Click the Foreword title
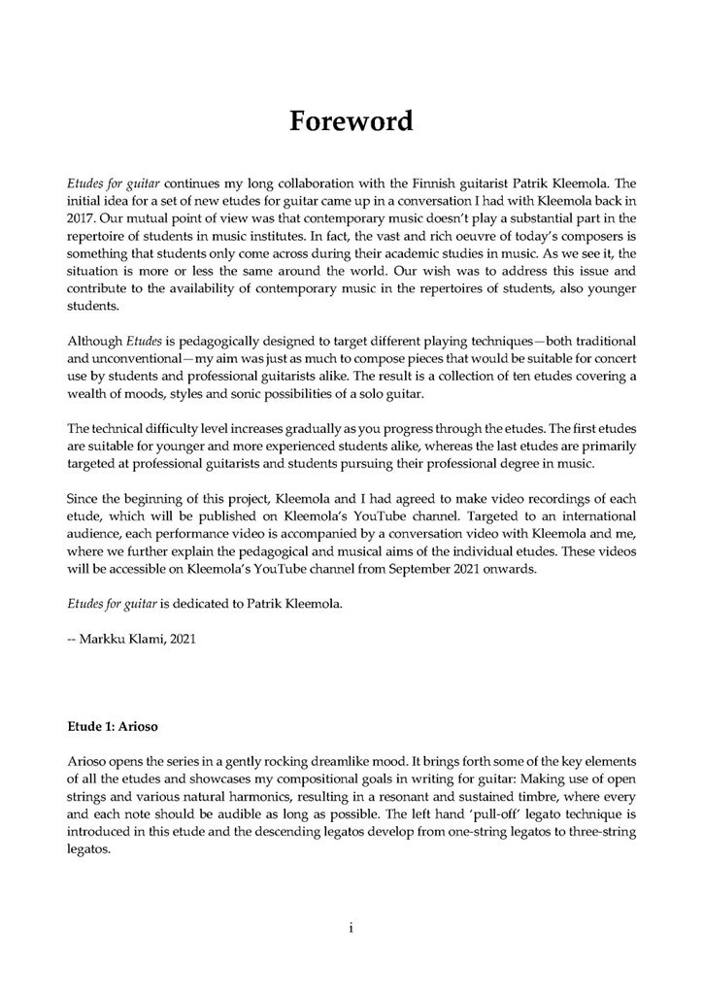point(351,122)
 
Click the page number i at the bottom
point(351,928)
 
